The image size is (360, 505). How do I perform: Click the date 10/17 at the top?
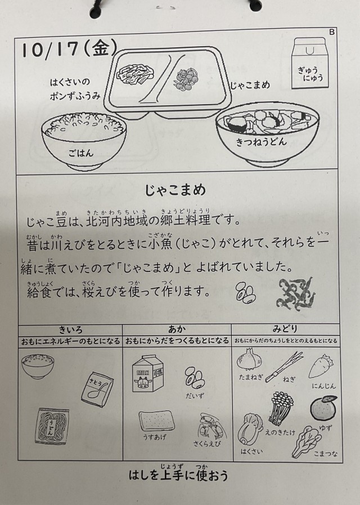tap(50, 50)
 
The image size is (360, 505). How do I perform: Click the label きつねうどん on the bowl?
tap(261, 142)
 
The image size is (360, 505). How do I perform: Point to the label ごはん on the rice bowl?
tap(81, 153)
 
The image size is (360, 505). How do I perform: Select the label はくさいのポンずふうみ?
tap(75, 89)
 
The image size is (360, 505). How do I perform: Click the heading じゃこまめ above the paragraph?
tap(175, 190)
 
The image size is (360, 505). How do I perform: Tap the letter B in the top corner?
tap(332, 32)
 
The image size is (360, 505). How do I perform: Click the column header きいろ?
tap(70, 330)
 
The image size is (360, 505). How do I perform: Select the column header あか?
tap(177, 329)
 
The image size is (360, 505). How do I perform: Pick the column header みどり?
tap(285, 329)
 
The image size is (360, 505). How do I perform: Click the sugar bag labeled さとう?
tap(97, 389)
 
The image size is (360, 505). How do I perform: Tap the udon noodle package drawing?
tap(52, 426)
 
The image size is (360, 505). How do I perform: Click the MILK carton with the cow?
tap(146, 374)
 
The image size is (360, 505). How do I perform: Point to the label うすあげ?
tap(155, 437)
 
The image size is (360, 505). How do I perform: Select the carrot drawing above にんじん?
tap(321, 367)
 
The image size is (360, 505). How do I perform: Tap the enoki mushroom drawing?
tap(281, 408)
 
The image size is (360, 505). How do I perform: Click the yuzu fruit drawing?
tap(323, 408)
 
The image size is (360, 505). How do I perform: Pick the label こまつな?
tap(326, 454)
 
